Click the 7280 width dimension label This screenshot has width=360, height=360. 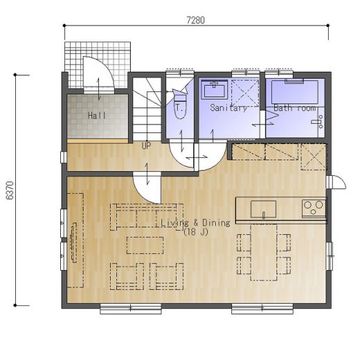[x=195, y=20]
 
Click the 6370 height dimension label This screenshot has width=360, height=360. [x=10, y=190]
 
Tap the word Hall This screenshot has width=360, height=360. [x=97, y=115]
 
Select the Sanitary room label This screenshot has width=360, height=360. [x=228, y=108]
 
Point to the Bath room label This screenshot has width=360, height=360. [x=295, y=108]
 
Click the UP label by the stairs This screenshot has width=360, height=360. [x=146, y=145]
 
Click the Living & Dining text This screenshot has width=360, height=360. [x=195, y=223]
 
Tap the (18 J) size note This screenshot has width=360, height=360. [x=196, y=232]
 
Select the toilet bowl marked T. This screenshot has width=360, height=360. [x=180, y=109]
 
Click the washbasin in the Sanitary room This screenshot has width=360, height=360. [x=215, y=90]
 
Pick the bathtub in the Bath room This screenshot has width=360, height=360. [x=295, y=92]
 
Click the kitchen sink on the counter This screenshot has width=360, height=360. [x=264, y=209]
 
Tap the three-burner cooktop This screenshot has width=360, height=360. [x=314, y=208]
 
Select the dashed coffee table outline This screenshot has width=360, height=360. [x=145, y=245]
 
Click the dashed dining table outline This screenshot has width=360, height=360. [x=264, y=252]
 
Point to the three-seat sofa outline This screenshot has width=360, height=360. [x=147, y=217]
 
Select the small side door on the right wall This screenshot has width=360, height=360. [x=336, y=182]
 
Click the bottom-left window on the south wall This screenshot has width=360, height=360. [x=131, y=309]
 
